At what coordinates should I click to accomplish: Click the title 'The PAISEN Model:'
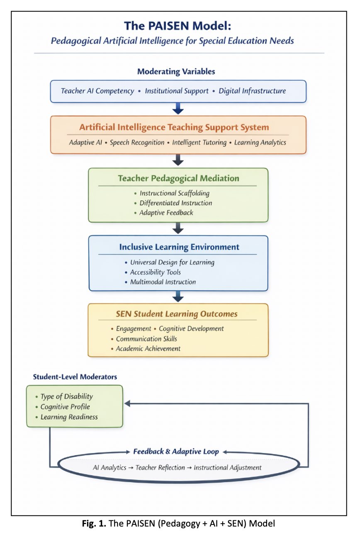coord(178,26)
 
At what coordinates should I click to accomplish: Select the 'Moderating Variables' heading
coord(176,71)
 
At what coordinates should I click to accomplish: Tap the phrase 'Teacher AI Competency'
coord(97,91)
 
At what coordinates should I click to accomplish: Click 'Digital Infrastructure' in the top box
coord(252,91)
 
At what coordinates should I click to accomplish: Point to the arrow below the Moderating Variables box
coord(178,109)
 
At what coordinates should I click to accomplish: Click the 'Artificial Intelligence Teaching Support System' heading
coord(174,127)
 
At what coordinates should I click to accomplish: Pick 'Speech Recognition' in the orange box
coord(137,143)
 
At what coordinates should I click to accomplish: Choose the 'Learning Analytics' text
coord(260,143)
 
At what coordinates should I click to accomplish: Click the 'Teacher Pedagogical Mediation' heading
coord(179,178)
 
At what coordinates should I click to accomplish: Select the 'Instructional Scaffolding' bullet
coord(175,193)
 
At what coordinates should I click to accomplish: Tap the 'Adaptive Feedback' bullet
coord(166,213)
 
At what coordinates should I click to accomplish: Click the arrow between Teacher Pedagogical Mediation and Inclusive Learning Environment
coord(178,228)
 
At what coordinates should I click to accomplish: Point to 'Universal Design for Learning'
coord(172,262)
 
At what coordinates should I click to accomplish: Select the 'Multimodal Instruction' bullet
coord(163,282)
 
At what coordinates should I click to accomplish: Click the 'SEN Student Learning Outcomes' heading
coord(177,314)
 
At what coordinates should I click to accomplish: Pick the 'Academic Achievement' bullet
coord(148,349)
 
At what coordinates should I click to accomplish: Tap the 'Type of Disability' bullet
coord(66,396)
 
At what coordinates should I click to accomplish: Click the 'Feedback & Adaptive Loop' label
coord(176,451)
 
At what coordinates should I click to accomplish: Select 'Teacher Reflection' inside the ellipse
coord(160,468)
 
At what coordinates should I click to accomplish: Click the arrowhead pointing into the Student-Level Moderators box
coord(127,403)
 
